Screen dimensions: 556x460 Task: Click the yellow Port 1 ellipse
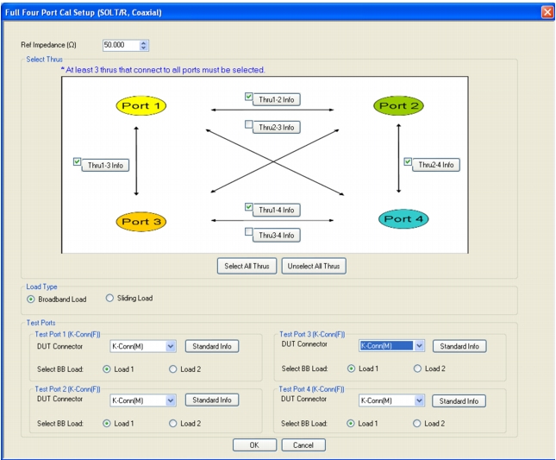(141, 105)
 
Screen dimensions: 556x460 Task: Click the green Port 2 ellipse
(398, 105)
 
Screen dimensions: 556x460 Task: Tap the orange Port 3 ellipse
(141, 222)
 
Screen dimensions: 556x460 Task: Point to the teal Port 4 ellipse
(403, 218)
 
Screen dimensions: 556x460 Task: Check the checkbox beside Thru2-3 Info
(248, 124)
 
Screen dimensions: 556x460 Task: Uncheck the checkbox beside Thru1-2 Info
(248, 96)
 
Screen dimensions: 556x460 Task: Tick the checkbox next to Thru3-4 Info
(248, 232)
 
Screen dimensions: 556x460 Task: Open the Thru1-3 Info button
(105, 165)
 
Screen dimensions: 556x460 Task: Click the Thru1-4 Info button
(276, 210)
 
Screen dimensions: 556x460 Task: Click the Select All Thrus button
(247, 266)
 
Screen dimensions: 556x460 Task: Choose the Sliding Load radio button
(109, 298)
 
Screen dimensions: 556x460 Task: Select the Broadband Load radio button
(31, 299)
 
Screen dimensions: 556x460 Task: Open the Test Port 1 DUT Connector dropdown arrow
(171, 346)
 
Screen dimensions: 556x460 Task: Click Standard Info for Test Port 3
(459, 346)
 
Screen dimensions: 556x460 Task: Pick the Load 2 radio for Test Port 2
(172, 424)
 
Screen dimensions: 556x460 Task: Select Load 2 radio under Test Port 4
(416, 424)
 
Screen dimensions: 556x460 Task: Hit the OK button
(254, 444)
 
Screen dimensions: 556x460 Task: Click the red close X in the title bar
(547, 12)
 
